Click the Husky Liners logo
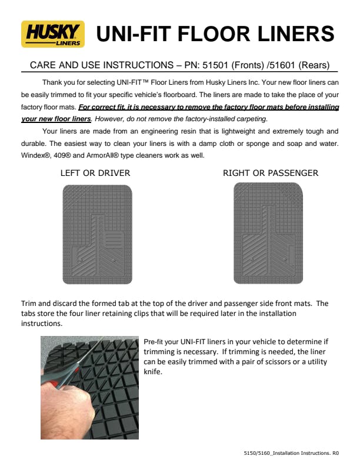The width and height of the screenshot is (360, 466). pos(52,34)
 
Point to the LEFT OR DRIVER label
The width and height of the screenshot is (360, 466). pos(95,173)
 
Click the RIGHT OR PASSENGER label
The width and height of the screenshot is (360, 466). pos(271,173)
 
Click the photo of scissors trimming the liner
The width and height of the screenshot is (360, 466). pos(89,388)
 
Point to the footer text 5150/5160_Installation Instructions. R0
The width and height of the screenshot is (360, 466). pos(291,453)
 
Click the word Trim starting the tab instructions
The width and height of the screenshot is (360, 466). pos(29,304)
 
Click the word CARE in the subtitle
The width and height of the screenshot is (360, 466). pos(36,65)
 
